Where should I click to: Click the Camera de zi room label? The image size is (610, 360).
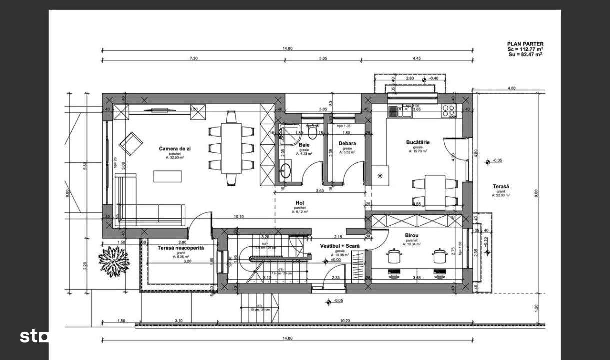pos(172,149)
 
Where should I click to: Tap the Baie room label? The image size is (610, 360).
pos(304,145)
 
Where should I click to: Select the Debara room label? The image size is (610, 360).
pos(347,143)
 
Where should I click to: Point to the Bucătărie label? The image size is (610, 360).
pos(418,142)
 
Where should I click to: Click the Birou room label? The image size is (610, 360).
pos(412,235)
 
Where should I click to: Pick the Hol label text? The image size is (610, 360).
pos(300,203)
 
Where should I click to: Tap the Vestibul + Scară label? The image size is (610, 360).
pos(340,246)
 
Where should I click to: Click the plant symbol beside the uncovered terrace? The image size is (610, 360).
pos(114,259)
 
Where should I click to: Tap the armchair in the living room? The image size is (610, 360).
pos(130,143)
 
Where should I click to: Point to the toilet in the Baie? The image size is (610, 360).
pos(313,133)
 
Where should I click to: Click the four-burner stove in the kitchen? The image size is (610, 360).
pos(448,111)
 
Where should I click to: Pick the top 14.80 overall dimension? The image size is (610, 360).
pos(287,48)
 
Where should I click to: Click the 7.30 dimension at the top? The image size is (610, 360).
pos(194,59)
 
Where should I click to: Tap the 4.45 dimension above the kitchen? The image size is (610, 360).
pos(417,59)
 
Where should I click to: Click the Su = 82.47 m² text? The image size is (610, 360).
pos(525,54)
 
